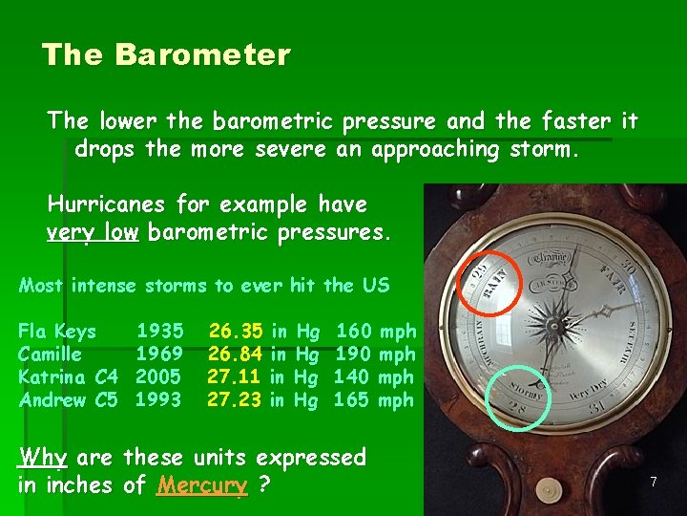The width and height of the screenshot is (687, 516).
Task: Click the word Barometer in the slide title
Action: coord(201,55)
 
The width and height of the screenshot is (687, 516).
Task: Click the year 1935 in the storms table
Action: coord(160,332)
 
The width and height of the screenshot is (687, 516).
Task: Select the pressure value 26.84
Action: coord(236,355)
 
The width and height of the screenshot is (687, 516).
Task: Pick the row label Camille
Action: coord(50,355)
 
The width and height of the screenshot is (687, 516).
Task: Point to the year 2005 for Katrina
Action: coord(160,377)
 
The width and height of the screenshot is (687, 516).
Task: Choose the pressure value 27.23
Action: coord(235,400)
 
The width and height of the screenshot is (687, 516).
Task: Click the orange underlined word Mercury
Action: coord(202,485)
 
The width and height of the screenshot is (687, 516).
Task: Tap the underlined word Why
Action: coord(42,458)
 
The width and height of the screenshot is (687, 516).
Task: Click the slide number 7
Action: coord(654,483)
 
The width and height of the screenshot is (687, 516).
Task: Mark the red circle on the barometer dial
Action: coord(491,283)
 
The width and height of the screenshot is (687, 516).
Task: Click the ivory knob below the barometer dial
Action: coord(548,490)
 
